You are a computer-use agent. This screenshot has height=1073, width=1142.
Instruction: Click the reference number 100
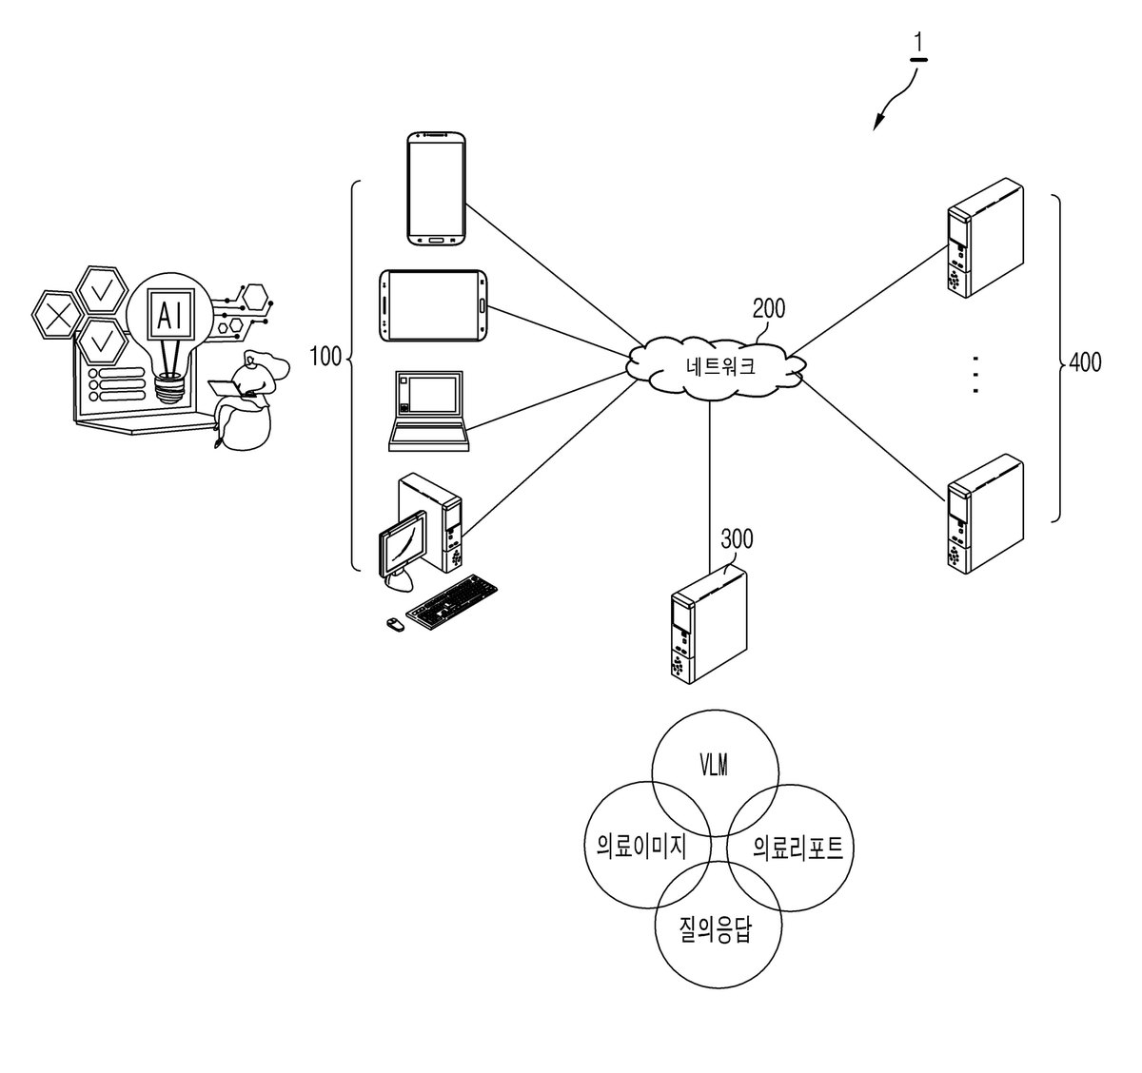(325, 357)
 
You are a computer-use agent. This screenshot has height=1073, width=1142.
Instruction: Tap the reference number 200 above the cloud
(769, 309)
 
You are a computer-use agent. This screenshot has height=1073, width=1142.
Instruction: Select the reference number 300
(737, 538)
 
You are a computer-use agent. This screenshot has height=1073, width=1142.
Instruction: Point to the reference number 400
(1085, 362)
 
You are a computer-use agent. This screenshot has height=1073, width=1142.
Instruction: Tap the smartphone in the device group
(437, 188)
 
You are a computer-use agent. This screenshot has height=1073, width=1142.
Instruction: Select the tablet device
(433, 305)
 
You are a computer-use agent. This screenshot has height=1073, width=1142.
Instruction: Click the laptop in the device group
(429, 411)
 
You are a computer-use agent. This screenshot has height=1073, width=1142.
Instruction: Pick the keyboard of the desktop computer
(452, 601)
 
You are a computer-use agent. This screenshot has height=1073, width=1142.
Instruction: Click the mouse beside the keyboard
(395, 624)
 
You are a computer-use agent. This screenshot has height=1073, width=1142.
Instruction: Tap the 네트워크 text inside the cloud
(720, 365)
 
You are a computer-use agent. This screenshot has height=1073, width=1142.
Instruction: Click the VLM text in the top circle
(714, 766)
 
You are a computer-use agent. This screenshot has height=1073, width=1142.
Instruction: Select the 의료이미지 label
(641, 847)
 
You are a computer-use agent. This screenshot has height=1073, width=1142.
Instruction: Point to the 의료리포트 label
(798, 847)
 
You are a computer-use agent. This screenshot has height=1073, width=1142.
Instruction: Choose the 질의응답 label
(716, 929)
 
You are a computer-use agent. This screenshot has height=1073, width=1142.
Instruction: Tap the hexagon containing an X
(56, 315)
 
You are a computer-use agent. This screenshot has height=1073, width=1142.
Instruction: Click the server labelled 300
(709, 625)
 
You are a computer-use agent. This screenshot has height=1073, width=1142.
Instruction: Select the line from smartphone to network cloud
(555, 276)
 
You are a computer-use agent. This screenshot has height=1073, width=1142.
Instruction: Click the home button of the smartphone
(437, 239)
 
